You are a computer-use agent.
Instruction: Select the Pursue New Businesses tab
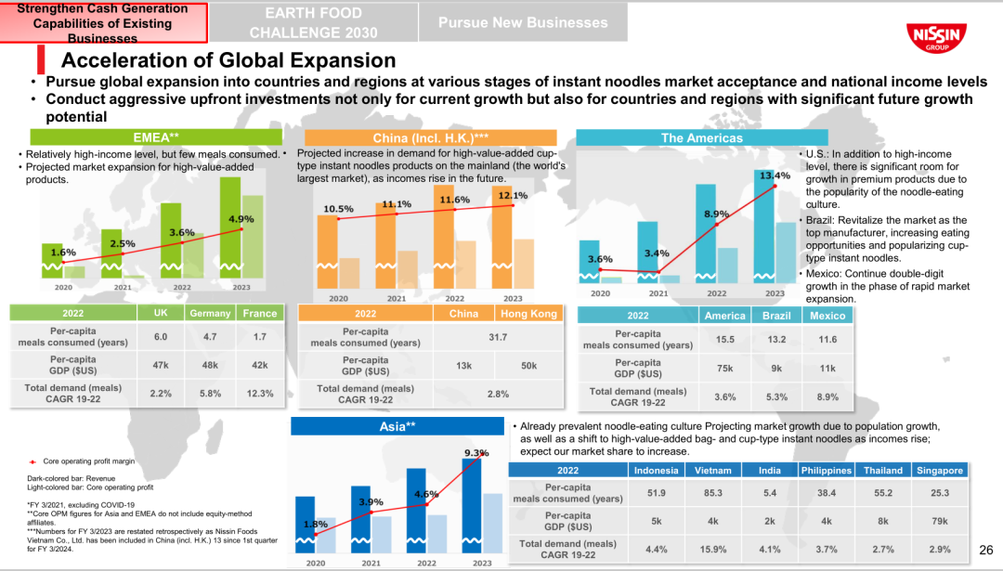tap(523, 22)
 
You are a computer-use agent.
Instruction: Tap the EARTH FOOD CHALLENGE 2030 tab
tap(314, 22)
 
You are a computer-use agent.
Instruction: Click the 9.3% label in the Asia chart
tap(476, 453)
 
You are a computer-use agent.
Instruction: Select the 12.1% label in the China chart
tap(514, 196)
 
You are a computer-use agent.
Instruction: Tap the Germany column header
tap(210, 314)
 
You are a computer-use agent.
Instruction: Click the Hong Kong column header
tap(528, 314)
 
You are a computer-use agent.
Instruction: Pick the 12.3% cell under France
tap(260, 394)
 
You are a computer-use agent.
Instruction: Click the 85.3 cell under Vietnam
tap(713, 493)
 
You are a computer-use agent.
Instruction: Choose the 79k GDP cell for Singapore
tap(939, 520)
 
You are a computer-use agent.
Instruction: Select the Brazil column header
tap(776, 316)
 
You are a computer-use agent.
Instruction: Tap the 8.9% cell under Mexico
tap(827, 396)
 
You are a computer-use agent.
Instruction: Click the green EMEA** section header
tap(156, 137)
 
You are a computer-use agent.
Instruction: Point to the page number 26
tap(986, 552)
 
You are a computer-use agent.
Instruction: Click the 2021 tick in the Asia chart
tap(371, 563)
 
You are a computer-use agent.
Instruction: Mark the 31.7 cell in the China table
tap(498, 337)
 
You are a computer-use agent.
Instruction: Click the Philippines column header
tap(827, 470)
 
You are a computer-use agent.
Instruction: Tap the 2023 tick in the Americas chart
tap(775, 293)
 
